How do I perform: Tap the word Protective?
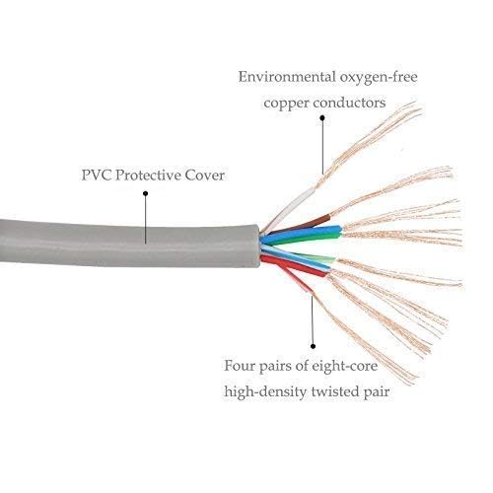point(148,176)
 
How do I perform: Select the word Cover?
point(205,176)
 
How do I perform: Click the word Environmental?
point(287,77)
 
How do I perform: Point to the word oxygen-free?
point(379,78)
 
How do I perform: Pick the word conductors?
point(349,103)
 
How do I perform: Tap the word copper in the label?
point(286,104)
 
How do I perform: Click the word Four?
point(240,366)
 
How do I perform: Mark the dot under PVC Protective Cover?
point(145,193)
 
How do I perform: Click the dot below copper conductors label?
point(322,117)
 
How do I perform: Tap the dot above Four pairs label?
point(313,346)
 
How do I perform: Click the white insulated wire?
point(291,208)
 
